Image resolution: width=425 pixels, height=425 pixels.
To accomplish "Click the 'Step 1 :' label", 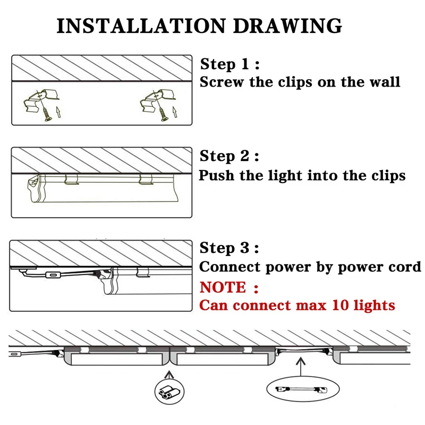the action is pos(229,65).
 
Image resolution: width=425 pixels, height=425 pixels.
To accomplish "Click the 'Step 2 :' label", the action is pos(229,157).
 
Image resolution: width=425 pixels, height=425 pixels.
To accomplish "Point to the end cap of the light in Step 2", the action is pos(35,189).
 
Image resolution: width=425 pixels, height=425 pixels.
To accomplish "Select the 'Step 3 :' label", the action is pos(229,248).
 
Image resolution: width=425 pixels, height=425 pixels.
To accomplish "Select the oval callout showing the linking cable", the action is pos(301,389).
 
